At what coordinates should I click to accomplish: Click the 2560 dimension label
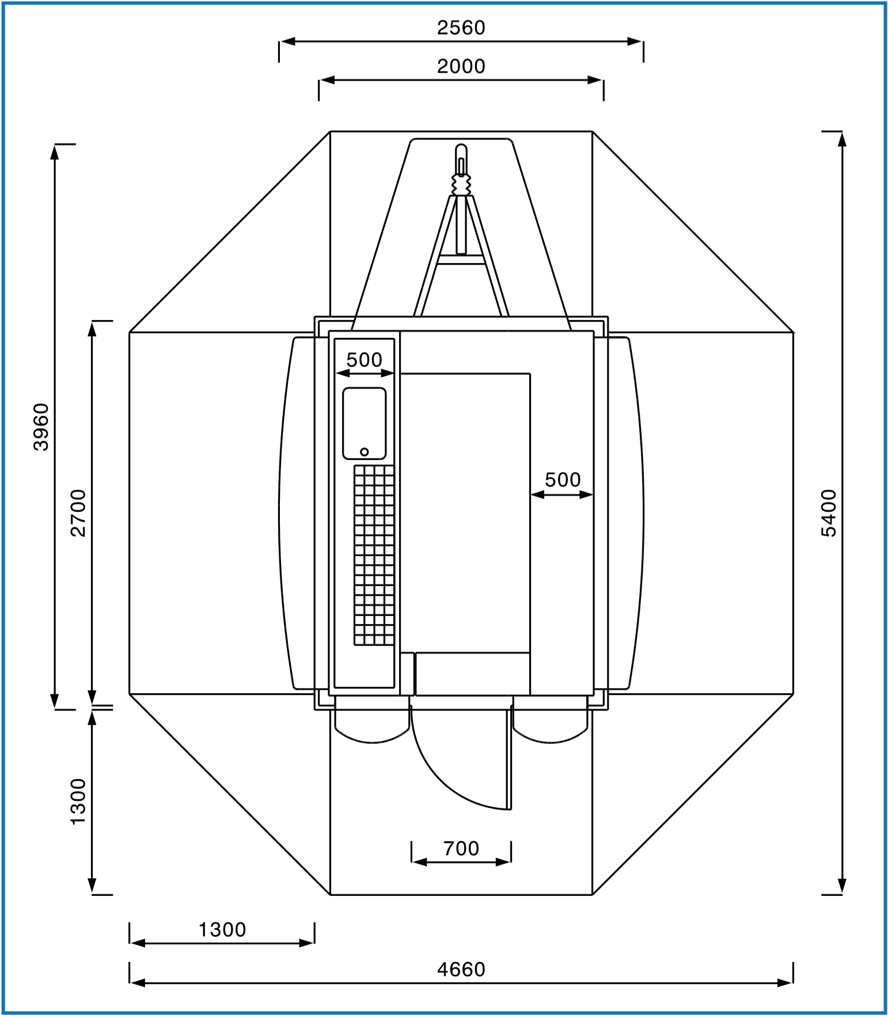tap(461, 28)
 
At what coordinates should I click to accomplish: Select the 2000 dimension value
tap(461, 66)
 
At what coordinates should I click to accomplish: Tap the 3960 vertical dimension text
tap(41, 427)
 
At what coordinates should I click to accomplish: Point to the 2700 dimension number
tap(78, 513)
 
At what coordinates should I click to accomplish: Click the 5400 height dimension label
tap(828, 513)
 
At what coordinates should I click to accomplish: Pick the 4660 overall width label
tap(461, 970)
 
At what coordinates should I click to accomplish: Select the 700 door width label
tap(461, 848)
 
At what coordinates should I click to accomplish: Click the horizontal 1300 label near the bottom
tap(222, 930)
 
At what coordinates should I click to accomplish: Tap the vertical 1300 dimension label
tap(78, 802)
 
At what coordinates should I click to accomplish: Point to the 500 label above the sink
tap(364, 360)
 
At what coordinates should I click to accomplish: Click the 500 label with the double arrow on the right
tap(562, 480)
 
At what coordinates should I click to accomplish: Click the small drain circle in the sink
tap(364, 452)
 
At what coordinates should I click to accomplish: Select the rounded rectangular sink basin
tap(364, 424)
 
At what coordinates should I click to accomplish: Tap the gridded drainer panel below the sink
tap(374, 555)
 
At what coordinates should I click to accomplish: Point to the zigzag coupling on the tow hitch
tap(461, 185)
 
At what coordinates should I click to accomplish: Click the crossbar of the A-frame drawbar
tap(461, 260)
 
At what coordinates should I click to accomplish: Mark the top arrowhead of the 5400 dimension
tap(841, 139)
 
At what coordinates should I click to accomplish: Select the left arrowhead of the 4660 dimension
tap(138, 983)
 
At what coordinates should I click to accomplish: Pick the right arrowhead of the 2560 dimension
tap(635, 41)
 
